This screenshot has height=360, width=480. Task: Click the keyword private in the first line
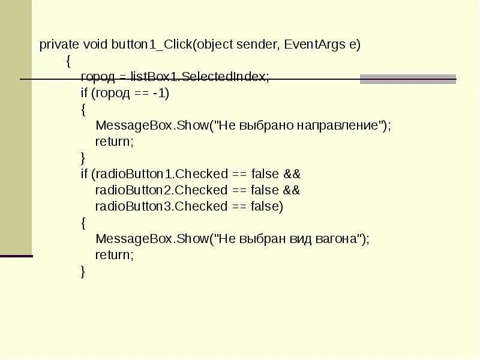[x=58, y=45]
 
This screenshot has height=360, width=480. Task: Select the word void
[x=95, y=45]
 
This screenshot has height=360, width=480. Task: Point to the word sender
[x=258, y=45]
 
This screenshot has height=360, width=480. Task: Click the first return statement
[x=114, y=142]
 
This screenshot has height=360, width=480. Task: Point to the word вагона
[x=337, y=239]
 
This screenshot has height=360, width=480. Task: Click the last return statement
[x=114, y=255]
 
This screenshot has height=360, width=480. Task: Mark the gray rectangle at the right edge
[x=408, y=79]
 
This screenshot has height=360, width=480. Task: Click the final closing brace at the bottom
[x=83, y=271]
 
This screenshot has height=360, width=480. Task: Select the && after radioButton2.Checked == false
[x=291, y=190]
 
